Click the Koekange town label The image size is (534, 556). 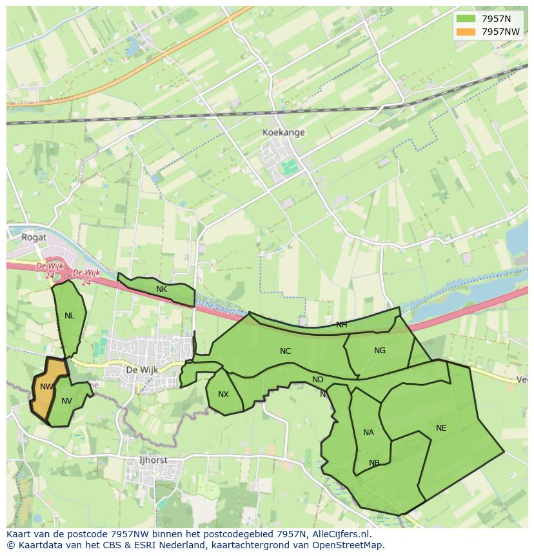[283, 132]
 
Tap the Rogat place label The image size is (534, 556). [34, 237]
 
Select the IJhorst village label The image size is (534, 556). [153, 460]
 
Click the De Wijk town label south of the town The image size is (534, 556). [141, 370]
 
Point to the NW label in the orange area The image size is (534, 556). [46, 387]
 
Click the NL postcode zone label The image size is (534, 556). [69, 316]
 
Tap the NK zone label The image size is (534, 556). [161, 289]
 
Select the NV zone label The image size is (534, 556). [66, 401]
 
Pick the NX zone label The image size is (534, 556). [223, 395]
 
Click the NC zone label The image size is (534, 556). [285, 351]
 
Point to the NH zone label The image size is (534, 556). [341, 325]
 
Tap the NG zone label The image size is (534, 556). [379, 351]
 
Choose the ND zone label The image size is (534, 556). [317, 380]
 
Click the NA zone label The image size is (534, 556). [368, 433]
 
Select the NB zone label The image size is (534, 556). [374, 463]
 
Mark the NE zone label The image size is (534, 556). [440, 428]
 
